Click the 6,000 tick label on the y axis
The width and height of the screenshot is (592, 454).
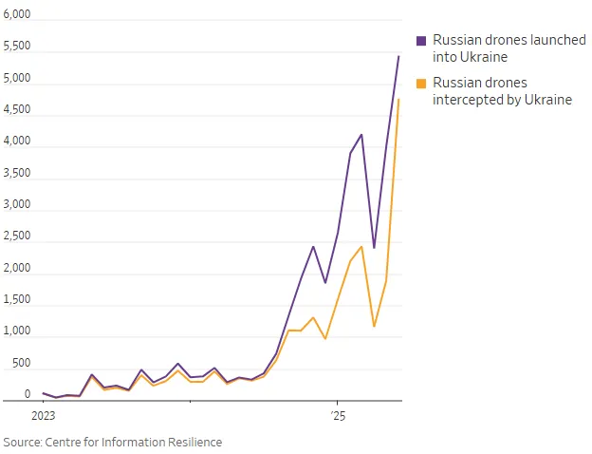point(17,15)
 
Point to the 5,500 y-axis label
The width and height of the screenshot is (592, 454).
point(17,47)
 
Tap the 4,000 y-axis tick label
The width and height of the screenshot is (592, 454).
point(17,142)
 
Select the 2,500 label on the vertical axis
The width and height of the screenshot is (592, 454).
point(17,236)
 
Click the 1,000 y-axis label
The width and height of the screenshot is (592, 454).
point(17,331)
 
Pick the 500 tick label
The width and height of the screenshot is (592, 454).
point(21,363)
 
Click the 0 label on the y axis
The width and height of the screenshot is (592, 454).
point(28,394)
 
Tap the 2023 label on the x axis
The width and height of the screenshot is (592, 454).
point(44,416)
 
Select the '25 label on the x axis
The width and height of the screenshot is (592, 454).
point(337,416)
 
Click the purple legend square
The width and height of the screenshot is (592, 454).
point(422,41)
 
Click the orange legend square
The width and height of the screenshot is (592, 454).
point(422,83)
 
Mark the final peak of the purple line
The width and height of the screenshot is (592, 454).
point(398,56)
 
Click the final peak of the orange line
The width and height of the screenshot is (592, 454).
point(398,99)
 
